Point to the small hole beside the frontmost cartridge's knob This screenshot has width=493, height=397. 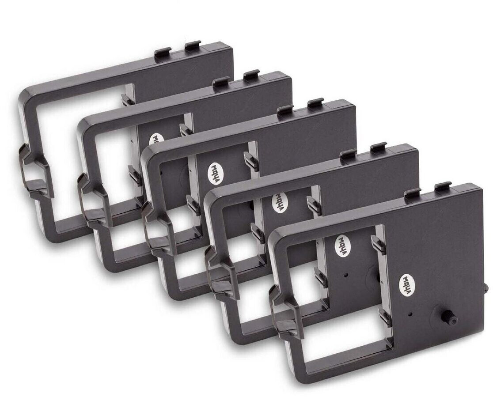click(x=411, y=314)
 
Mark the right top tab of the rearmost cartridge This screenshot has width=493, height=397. click(x=193, y=45)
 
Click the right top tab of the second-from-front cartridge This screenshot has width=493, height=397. click(x=379, y=147)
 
